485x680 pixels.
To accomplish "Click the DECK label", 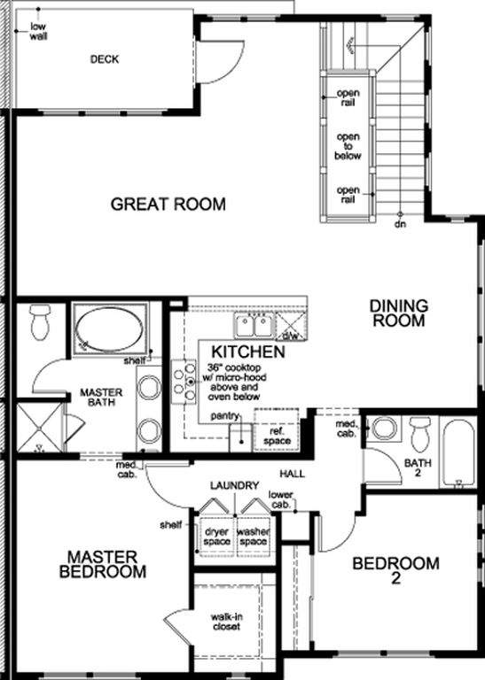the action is [x=105, y=59].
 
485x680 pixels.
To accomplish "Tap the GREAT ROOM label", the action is [x=168, y=204].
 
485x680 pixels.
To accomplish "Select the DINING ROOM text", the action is [x=399, y=313].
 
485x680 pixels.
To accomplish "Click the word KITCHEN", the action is [x=248, y=352].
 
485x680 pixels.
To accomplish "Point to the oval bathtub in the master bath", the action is [x=109, y=328].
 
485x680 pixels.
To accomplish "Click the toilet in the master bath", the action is [x=41, y=321].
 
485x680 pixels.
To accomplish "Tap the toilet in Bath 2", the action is [x=420, y=434].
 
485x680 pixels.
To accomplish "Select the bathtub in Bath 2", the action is [x=459, y=452].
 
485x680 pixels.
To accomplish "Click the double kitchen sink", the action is [x=254, y=326].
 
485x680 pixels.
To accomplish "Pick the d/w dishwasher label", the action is [x=290, y=336].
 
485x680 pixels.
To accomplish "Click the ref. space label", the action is [x=277, y=436].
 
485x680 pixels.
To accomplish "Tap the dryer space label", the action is [x=216, y=537].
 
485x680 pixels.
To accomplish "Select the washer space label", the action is [x=253, y=537].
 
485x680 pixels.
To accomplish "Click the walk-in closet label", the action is [x=226, y=622].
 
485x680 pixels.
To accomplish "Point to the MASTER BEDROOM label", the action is [x=103, y=564].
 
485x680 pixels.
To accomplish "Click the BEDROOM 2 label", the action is [x=395, y=570].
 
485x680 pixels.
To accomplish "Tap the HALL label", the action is [x=292, y=474].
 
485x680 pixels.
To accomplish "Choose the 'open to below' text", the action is [x=348, y=146].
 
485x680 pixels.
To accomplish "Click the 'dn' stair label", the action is [x=401, y=225].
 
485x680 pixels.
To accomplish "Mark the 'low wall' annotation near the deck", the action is [x=38, y=32].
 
